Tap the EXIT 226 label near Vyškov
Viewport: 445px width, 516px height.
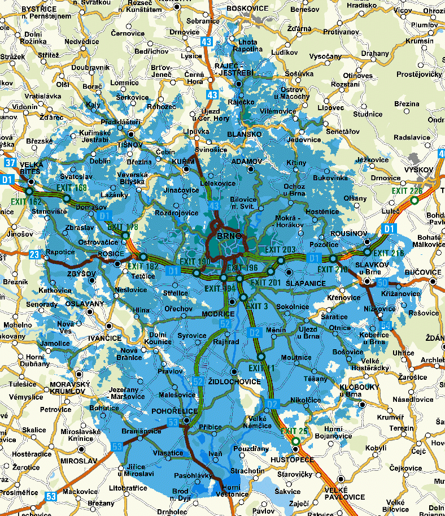click(407, 190)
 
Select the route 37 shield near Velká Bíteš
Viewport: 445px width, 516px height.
click(10, 163)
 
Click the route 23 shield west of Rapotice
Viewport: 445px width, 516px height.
click(35, 255)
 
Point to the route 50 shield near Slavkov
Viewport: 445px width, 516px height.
click(382, 282)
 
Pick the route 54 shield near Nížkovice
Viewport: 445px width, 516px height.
click(386, 325)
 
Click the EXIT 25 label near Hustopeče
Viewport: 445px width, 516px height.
click(294, 431)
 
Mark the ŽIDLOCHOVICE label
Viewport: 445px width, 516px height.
click(234, 381)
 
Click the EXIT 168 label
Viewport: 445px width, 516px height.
click(72, 188)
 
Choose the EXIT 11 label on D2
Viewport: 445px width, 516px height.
click(259, 368)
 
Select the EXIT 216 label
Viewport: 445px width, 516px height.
click(389, 253)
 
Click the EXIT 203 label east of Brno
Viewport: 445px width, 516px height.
click(280, 250)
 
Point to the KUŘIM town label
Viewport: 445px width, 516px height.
click(189, 162)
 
